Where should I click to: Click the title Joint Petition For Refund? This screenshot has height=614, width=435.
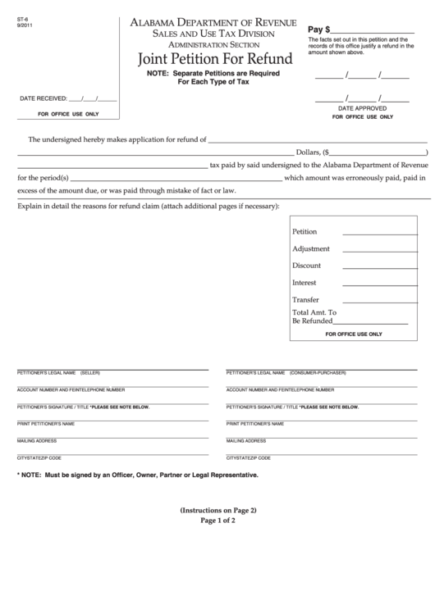(217, 59)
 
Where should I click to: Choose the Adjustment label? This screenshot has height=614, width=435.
(311, 248)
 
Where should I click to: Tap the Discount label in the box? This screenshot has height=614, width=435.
(306, 266)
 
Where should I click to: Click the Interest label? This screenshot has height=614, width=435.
(304, 283)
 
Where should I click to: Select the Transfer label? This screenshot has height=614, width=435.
(306, 299)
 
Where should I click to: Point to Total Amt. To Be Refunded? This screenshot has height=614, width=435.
(314, 316)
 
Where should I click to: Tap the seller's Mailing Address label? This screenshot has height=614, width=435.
(37, 441)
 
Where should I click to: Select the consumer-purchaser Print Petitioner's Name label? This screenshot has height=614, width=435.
(255, 424)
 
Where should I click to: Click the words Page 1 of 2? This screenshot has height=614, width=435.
(217, 521)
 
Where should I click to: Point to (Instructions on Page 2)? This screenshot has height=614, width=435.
(217, 510)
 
